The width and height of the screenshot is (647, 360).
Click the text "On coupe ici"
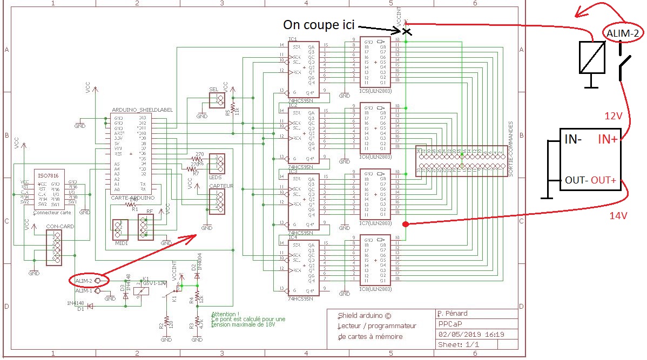(318, 25)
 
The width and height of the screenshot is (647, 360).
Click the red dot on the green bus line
(406, 223)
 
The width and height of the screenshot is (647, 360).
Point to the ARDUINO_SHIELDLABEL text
(142, 110)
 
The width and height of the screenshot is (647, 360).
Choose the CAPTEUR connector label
(221, 186)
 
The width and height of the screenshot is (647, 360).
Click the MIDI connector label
(120, 243)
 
